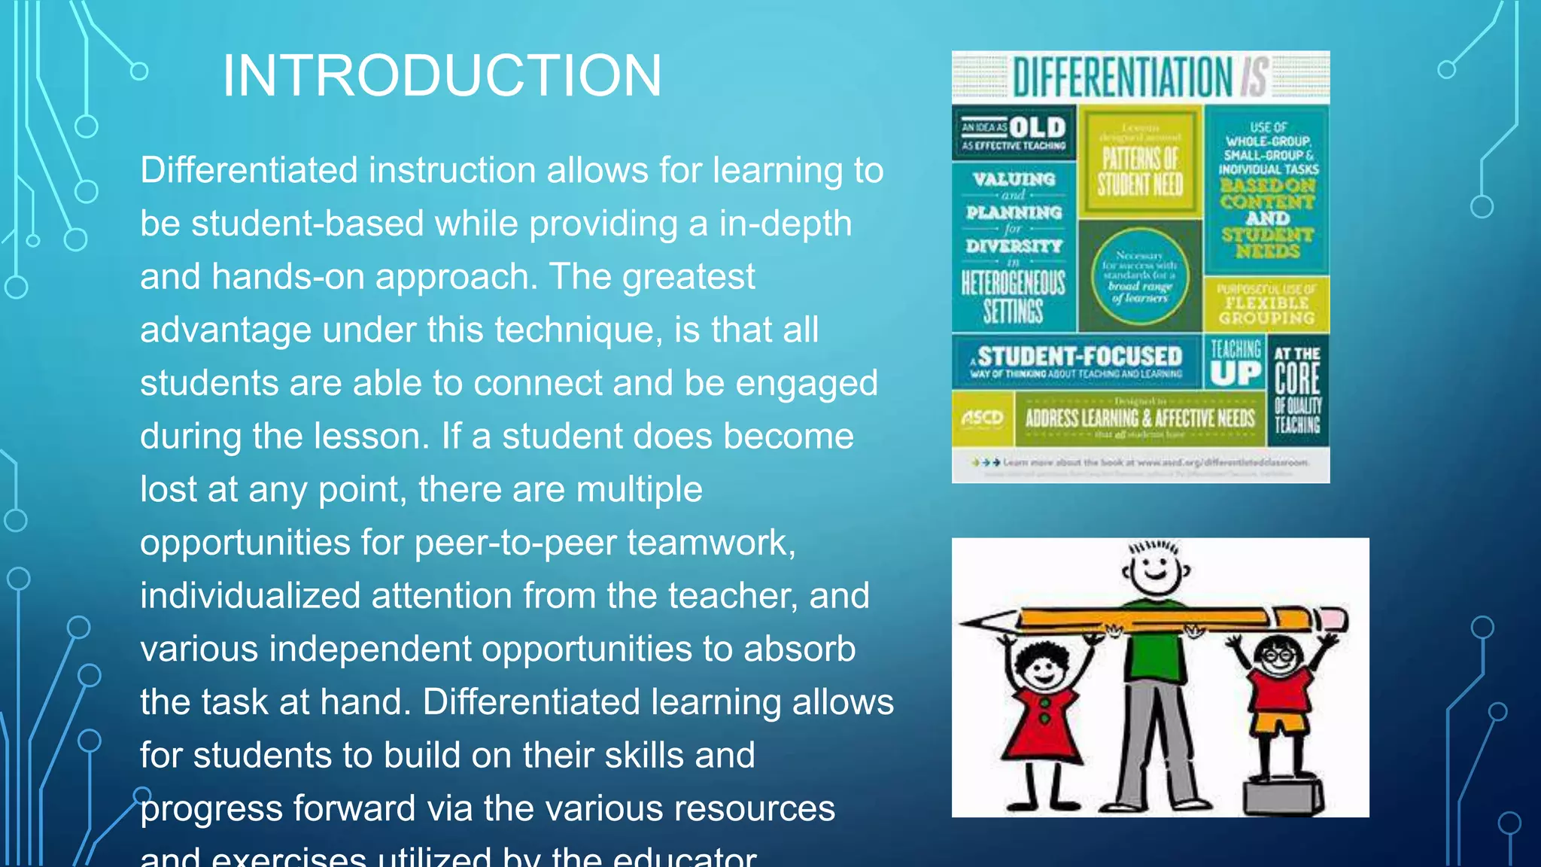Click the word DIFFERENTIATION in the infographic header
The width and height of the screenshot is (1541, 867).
1122,77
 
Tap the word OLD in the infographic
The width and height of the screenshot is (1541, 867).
1038,127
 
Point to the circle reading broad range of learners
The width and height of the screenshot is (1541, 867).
1140,276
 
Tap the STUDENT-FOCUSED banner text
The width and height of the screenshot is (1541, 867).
1080,356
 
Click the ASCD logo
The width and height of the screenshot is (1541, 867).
982,418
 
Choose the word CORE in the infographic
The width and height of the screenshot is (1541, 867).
1297,379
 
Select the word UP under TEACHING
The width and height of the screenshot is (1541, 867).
1236,373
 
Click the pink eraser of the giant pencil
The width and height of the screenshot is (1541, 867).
1333,620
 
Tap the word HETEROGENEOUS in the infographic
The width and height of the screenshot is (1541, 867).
1014,284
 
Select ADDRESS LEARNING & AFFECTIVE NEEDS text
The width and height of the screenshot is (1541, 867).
1140,418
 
